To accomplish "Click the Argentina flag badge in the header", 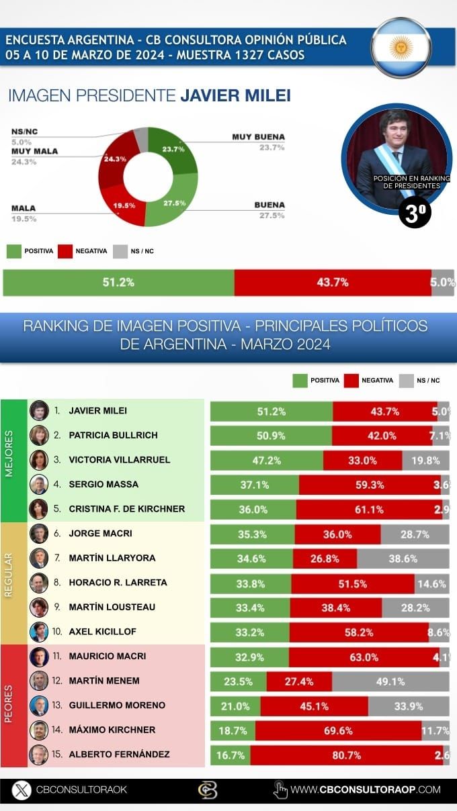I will pos(401,48).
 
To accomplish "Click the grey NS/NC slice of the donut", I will pos(141,138).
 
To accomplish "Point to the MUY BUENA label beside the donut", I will pos(258,137).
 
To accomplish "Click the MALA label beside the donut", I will pos(24,208).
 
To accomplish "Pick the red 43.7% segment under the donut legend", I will pos(332,283).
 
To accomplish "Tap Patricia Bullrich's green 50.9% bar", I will pos(271,436).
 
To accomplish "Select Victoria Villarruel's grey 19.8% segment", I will pos(425,461).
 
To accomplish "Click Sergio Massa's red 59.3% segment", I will pos(370,485).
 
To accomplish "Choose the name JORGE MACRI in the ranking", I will pos(100,534).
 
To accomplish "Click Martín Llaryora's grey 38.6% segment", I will pos(403,559).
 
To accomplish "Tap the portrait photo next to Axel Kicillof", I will pos(39,632).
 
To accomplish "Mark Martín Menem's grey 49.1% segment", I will pos(390,681).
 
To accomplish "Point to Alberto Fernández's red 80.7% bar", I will pos(346,755).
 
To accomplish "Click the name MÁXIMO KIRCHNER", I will pos(112,730).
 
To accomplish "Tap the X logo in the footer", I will pos(22,790).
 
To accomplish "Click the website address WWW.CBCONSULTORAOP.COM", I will pos(366,790).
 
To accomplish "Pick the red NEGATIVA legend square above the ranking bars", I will pos(350,381).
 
